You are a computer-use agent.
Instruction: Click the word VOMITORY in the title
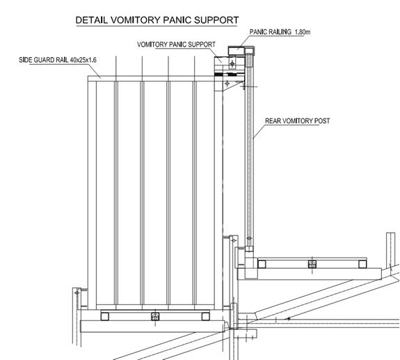136,20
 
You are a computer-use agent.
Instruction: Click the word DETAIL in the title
92,20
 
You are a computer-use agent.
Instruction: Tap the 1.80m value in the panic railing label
303,32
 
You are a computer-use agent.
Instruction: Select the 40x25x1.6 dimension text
83,61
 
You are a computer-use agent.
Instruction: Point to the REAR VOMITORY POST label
298,120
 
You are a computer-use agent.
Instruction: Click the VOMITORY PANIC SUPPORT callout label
176,45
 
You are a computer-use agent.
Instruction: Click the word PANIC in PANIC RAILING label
258,32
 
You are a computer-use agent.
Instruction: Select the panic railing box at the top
237,51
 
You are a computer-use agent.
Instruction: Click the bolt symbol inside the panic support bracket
232,63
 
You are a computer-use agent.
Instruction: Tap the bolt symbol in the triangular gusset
227,84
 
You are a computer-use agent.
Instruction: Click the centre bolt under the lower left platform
155,317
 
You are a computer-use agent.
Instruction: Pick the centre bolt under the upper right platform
312,264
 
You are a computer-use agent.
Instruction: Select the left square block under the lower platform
105,317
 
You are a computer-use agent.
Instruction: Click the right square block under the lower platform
206,317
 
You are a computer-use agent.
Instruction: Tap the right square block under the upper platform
362,264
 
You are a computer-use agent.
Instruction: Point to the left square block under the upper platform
262,264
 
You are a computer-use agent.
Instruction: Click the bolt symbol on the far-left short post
77,292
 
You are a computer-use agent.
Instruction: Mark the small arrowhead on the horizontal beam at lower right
289,319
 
